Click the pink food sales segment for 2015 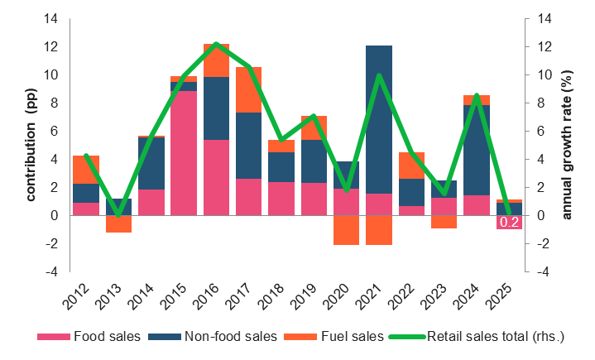[x=183, y=153]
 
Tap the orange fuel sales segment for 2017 [x=248, y=89]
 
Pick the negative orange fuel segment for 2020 [x=346, y=230]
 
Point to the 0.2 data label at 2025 [x=509, y=222]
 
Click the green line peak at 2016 [x=216, y=44]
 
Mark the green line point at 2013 [x=118, y=214]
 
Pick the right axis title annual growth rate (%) [x=568, y=145]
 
